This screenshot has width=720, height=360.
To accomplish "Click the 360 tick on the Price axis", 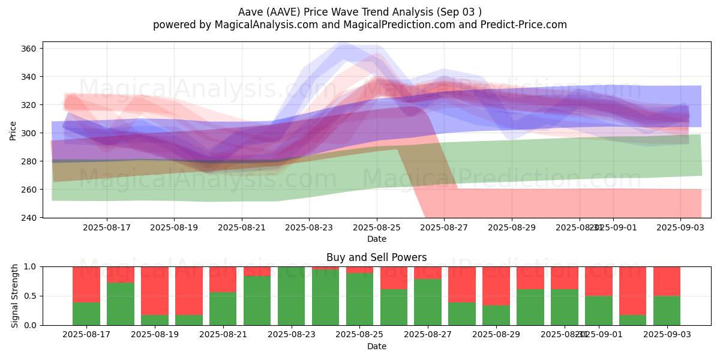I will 31,49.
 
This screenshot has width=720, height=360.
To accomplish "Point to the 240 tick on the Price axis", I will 31,218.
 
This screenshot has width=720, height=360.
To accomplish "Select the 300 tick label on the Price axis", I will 31,133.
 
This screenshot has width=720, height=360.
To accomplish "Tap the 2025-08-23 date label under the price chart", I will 309,227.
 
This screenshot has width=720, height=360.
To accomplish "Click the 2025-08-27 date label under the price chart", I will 444,227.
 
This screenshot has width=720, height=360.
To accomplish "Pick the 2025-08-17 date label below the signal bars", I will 86,335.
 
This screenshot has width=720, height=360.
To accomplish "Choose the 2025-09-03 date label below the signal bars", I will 667,335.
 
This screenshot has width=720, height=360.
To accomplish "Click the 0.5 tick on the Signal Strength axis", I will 31,296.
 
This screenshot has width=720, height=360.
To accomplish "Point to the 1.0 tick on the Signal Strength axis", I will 31,266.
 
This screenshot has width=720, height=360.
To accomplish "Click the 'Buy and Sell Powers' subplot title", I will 376,257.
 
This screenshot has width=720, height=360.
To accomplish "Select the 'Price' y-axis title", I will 13,130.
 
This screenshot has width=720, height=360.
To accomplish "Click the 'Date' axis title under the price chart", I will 376,239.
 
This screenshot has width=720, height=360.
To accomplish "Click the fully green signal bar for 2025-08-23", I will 292,296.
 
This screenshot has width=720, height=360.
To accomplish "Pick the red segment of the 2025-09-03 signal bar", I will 667,281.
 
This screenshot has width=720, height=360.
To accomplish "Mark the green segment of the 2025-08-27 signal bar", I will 428,302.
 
